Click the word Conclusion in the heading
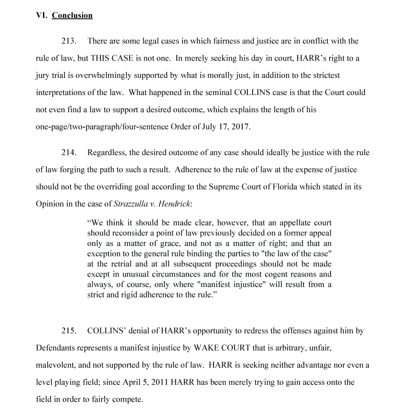pos(72,15)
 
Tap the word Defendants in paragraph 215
pos(54,348)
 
